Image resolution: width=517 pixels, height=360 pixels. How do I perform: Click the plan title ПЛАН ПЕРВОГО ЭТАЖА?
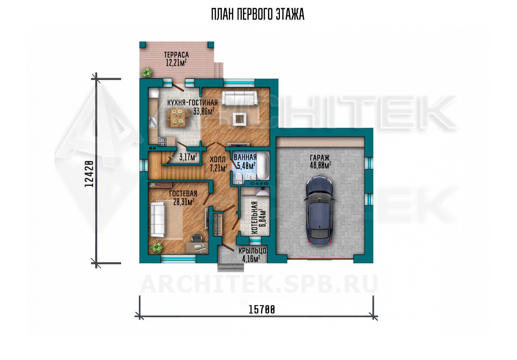click(x=258, y=14)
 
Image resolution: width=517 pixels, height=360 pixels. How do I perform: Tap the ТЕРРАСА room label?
click(x=177, y=55)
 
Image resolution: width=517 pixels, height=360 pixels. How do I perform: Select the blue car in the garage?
click(x=321, y=211)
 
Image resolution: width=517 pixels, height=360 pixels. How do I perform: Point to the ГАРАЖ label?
click(x=320, y=158)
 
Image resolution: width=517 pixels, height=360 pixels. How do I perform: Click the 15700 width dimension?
click(x=262, y=310)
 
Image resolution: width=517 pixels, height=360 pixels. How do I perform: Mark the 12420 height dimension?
click(x=89, y=174)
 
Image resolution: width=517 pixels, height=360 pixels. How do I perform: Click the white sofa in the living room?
click(x=239, y=98)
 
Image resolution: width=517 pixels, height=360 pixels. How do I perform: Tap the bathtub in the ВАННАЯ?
click(x=263, y=166)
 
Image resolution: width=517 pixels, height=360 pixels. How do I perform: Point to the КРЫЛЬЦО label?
click(x=252, y=251)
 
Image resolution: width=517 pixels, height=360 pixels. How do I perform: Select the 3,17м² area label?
click(x=188, y=157)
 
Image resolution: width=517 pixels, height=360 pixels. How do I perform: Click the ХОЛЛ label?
click(x=218, y=160)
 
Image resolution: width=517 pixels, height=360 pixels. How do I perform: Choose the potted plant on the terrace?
click(x=147, y=73)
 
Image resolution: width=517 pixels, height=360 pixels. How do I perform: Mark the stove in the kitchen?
click(x=162, y=141)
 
